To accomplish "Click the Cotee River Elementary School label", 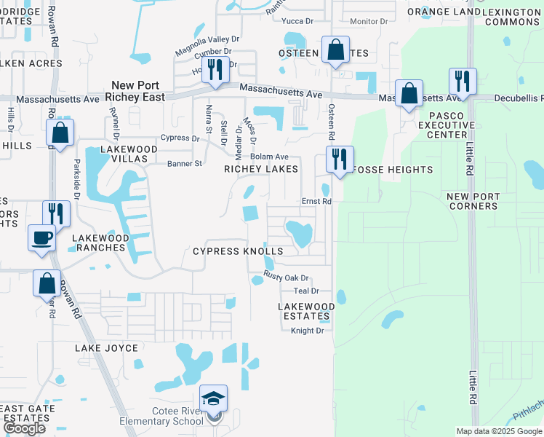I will click(x=167, y=416).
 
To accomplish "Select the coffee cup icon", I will click(x=41, y=237).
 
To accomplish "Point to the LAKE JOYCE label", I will click(x=106, y=348).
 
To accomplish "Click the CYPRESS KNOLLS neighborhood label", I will click(x=238, y=251).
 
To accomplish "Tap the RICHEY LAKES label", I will click(x=261, y=169).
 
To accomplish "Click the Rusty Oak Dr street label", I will click(x=287, y=277).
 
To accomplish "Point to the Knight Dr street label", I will click(x=307, y=331).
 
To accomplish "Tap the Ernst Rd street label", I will click(x=316, y=201).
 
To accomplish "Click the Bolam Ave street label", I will click(x=270, y=157).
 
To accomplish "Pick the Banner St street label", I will click(x=184, y=164).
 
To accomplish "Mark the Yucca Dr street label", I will click(x=298, y=21).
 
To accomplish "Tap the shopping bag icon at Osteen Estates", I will click(x=335, y=51).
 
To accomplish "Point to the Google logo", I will click(x=24, y=428).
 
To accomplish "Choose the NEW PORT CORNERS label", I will click(x=473, y=201).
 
